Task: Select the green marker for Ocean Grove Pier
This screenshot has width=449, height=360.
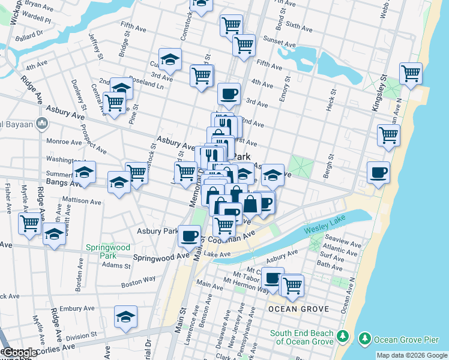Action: tap(364, 339)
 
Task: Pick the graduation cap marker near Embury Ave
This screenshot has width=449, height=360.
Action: tap(126, 317)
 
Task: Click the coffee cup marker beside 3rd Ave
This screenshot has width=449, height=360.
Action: tap(229, 94)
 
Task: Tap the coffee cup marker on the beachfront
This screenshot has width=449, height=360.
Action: tap(378, 173)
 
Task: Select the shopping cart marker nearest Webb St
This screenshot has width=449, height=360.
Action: tap(411, 74)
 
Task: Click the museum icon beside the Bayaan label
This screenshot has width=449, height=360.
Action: tap(41, 124)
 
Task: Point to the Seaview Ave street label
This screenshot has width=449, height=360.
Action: tap(342, 244)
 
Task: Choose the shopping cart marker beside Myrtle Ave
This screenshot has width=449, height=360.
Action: tap(30, 224)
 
